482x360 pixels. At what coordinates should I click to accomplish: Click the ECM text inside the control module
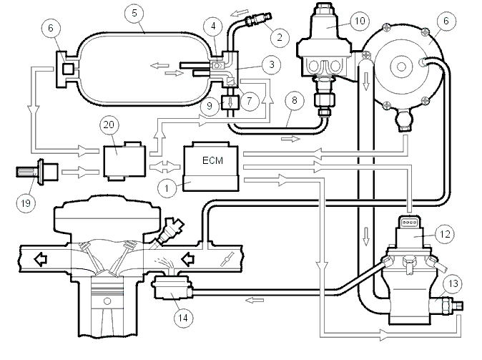(x=212, y=160)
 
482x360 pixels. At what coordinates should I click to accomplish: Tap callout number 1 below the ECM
(x=167, y=188)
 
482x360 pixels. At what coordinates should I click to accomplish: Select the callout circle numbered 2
(x=280, y=37)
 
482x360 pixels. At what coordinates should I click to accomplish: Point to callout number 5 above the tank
(x=134, y=13)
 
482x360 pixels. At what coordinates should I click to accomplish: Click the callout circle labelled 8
(x=295, y=100)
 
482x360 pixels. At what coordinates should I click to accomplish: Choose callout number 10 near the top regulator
(x=360, y=21)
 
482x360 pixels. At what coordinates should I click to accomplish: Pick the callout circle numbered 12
(x=445, y=235)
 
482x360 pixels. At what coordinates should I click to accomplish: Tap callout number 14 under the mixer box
(x=183, y=318)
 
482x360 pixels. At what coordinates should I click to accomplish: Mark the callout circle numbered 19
(x=26, y=203)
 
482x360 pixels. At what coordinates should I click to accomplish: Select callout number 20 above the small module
(x=109, y=125)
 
